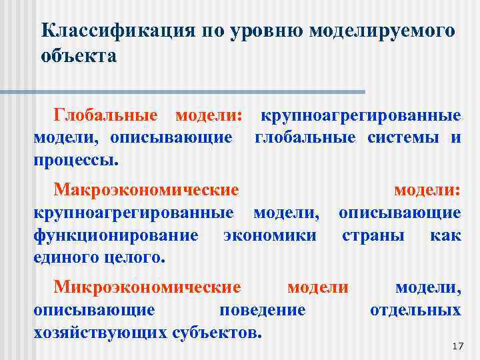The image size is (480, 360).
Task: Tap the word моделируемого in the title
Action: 385,31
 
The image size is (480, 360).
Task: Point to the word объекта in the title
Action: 78,55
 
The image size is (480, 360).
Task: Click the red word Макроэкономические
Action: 146,190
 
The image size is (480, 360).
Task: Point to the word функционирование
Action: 115,235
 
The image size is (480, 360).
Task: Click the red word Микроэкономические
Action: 147,287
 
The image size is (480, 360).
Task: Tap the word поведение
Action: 262,310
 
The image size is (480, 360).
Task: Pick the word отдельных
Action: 415,310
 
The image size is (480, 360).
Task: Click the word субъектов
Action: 214,332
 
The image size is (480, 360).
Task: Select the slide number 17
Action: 457,346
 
